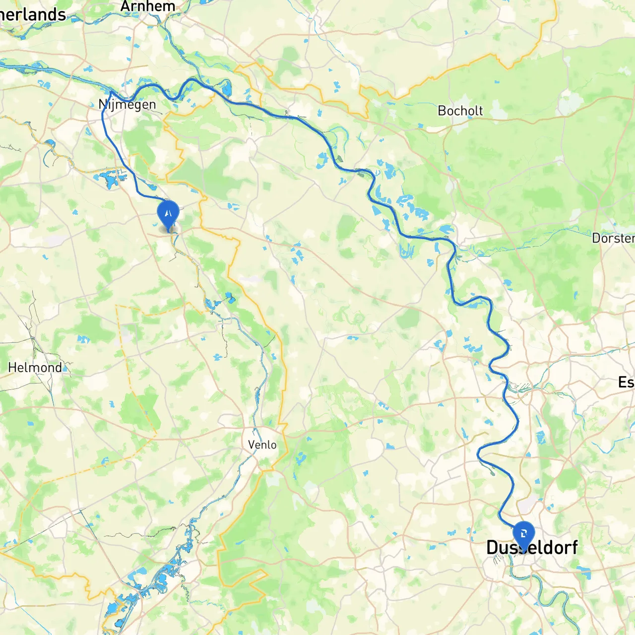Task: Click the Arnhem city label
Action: point(148,6)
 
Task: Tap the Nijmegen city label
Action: point(127,104)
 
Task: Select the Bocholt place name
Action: point(460,111)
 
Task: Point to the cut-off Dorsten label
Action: point(613,238)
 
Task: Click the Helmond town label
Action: point(35,368)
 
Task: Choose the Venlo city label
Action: point(262,444)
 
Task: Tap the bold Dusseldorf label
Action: point(532,547)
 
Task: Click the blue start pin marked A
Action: point(168,213)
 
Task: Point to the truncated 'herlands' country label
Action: point(33,14)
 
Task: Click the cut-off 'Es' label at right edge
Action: point(626,382)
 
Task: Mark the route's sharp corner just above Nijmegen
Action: point(111,91)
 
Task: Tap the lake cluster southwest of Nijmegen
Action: point(108,179)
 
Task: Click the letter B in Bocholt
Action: point(442,111)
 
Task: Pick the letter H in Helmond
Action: point(12,368)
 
